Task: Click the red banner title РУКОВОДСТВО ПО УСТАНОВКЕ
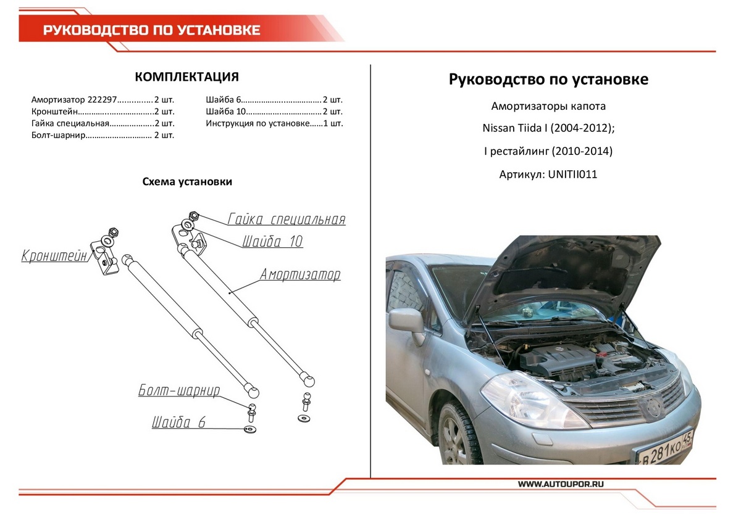coord(151,30)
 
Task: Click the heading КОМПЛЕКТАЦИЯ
coord(186,76)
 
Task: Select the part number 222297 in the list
coord(102,99)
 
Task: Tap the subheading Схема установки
coord(187,182)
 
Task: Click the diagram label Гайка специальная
coord(287,220)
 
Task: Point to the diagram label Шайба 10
coord(272,241)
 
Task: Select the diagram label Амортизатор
coord(300,274)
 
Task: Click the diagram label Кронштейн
coord(54,255)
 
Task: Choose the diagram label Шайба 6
coord(178,422)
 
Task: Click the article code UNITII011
coord(572,175)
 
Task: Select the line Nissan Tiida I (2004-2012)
coord(548,129)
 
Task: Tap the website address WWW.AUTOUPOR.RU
coord(560,484)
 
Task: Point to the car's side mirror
coord(406,323)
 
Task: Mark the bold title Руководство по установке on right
coord(548,80)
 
